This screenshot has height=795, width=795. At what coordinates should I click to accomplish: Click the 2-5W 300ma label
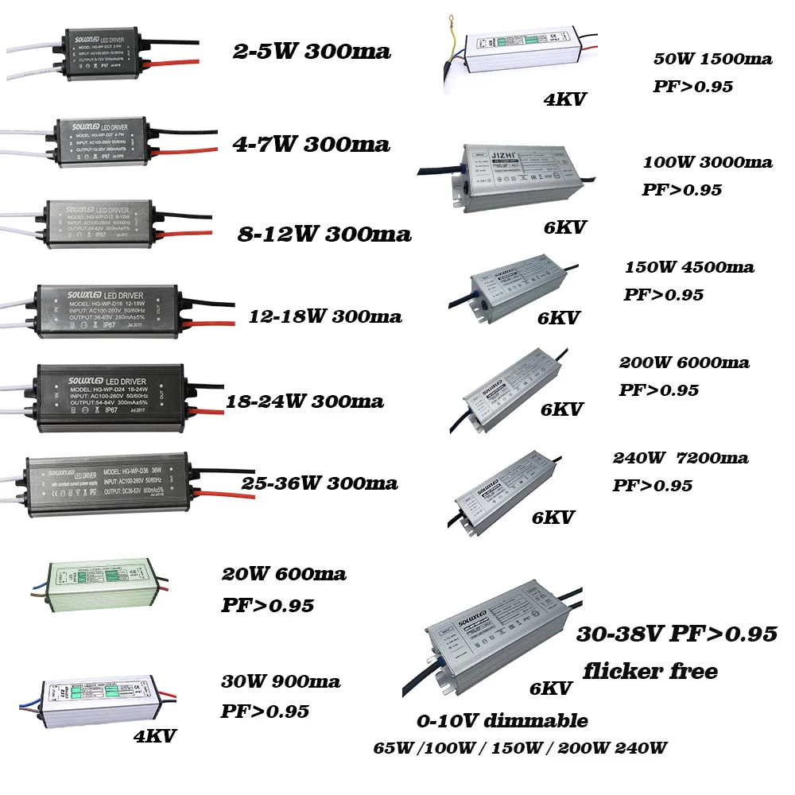[311, 52]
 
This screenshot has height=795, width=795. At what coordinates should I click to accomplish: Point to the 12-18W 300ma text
[324, 316]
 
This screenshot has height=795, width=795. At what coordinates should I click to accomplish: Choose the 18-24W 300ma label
[305, 401]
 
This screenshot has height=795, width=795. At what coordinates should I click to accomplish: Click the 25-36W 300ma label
[319, 483]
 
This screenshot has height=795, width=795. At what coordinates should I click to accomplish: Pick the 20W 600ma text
[283, 573]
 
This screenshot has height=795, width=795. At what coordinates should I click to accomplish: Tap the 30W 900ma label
[280, 681]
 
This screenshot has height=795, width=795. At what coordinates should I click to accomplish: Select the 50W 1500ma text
[712, 60]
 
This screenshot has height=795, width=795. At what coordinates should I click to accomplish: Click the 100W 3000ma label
[708, 162]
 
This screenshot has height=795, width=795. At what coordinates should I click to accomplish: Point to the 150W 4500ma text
[688, 266]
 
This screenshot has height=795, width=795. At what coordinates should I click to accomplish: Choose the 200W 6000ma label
[684, 363]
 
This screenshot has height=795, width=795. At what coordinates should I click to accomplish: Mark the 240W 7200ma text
[680, 458]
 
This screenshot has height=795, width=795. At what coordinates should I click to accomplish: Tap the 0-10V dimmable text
[502, 721]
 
